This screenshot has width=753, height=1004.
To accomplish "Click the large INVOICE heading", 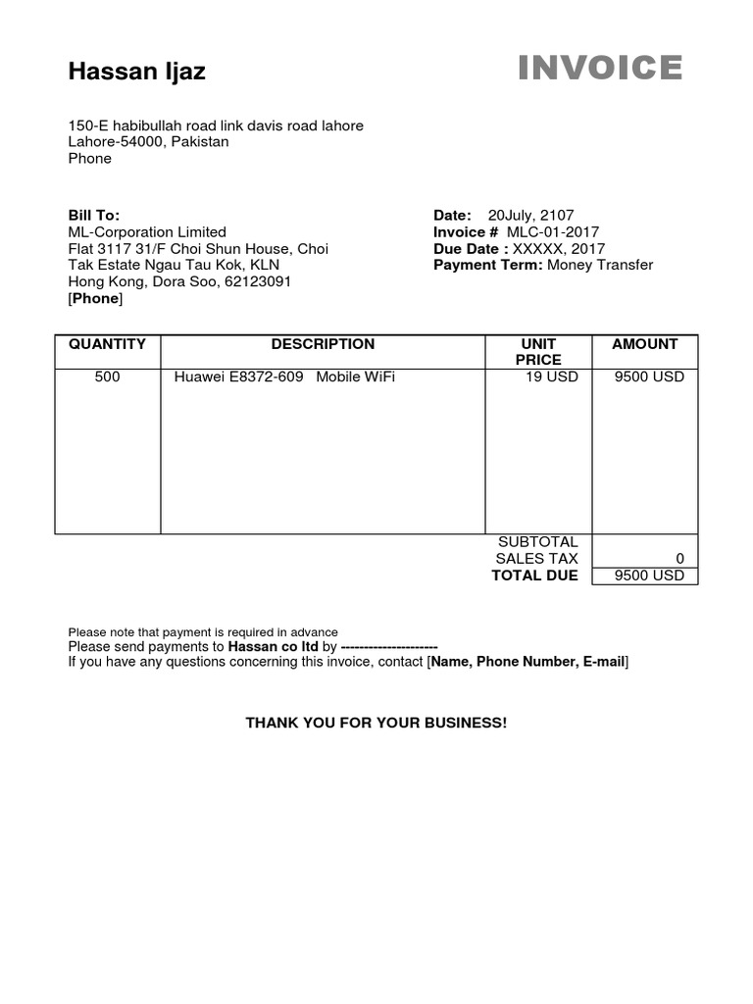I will (600, 68).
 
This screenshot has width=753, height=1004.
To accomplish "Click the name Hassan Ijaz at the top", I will (137, 72).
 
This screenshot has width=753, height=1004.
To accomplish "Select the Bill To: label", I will (94, 215).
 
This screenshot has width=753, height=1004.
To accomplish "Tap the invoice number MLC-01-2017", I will (553, 232).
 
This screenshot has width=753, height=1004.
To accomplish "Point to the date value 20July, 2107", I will (530, 215).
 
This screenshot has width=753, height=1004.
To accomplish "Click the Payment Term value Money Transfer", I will (600, 265).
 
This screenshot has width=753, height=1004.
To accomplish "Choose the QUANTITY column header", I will (107, 344).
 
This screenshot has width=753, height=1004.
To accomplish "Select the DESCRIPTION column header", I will (323, 344).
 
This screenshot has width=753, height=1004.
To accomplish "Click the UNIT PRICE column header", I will (538, 352).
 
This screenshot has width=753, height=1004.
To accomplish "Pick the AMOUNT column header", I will (644, 344).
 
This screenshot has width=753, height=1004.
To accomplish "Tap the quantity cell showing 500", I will (107, 376).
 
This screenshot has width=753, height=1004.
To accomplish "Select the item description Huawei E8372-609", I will (238, 376).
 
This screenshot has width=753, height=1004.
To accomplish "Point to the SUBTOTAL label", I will (538, 542).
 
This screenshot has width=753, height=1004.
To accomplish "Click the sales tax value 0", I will (679, 559).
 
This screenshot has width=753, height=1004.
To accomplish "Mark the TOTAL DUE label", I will (534, 576).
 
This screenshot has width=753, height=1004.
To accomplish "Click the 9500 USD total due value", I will (649, 576).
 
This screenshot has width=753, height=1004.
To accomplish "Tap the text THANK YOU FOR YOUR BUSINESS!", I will (376, 723).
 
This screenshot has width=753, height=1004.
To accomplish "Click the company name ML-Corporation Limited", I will (147, 232).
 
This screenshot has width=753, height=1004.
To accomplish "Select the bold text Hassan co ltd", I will (274, 647).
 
